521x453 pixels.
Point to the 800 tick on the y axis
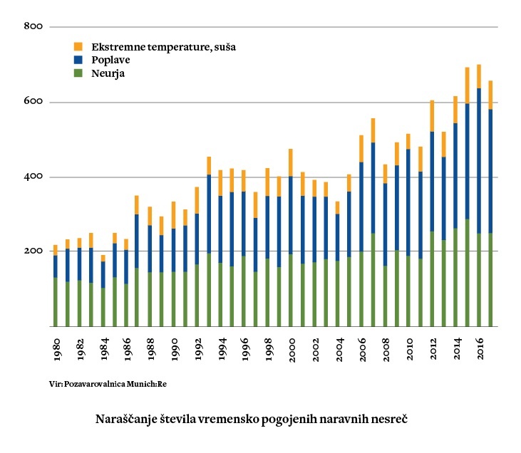pyautogui.click(x=34, y=27)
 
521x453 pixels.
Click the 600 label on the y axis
pyautogui.click(x=34, y=102)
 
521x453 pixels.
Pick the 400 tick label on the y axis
pyautogui.click(x=34, y=177)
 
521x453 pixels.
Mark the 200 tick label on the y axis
pyautogui.click(x=34, y=251)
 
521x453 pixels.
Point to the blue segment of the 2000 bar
pyautogui.click(x=290, y=214)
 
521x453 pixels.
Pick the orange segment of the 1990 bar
pyautogui.click(x=173, y=215)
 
